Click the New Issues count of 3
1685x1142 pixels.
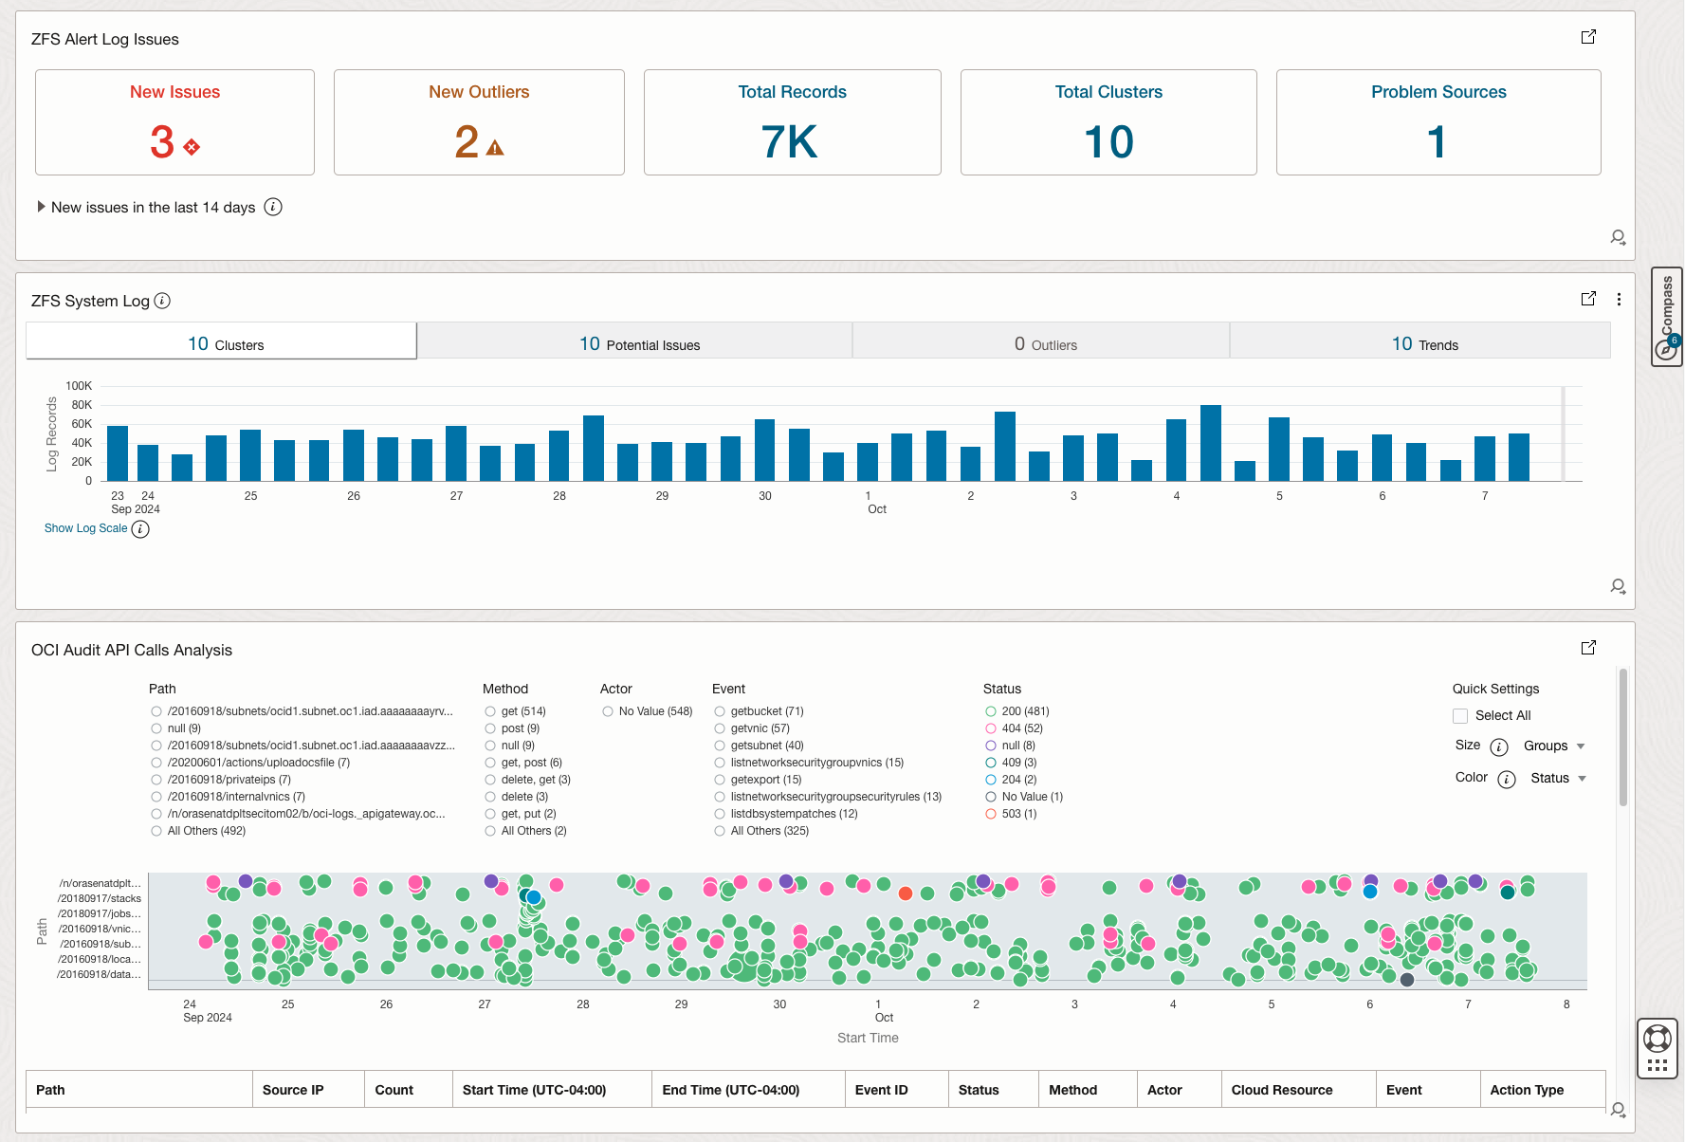(x=162, y=142)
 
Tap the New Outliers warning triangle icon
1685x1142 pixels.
(x=495, y=148)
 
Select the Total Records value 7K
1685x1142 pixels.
(x=789, y=142)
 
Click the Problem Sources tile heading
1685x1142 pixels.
(x=1438, y=92)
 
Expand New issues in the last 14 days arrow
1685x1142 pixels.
(x=41, y=207)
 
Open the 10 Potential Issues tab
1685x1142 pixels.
(x=639, y=343)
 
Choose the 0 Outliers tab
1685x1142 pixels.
(x=1045, y=343)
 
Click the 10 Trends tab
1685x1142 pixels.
(x=1424, y=343)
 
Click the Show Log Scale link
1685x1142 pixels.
(x=85, y=528)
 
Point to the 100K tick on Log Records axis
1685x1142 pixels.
(x=79, y=386)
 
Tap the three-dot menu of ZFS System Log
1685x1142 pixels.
(x=1619, y=299)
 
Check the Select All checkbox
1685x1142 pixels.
(x=1460, y=716)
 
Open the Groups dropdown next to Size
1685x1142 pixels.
(x=1554, y=746)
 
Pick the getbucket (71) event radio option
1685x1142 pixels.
(x=720, y=711)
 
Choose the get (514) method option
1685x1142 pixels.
(x=490, y=711)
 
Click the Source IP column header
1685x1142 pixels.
(x=293, y=1090)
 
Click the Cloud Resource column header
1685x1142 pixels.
(x=1281, y=1090)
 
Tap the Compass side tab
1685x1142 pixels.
(x=1667, y=316)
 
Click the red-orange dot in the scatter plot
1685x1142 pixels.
(x=906, y=893)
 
